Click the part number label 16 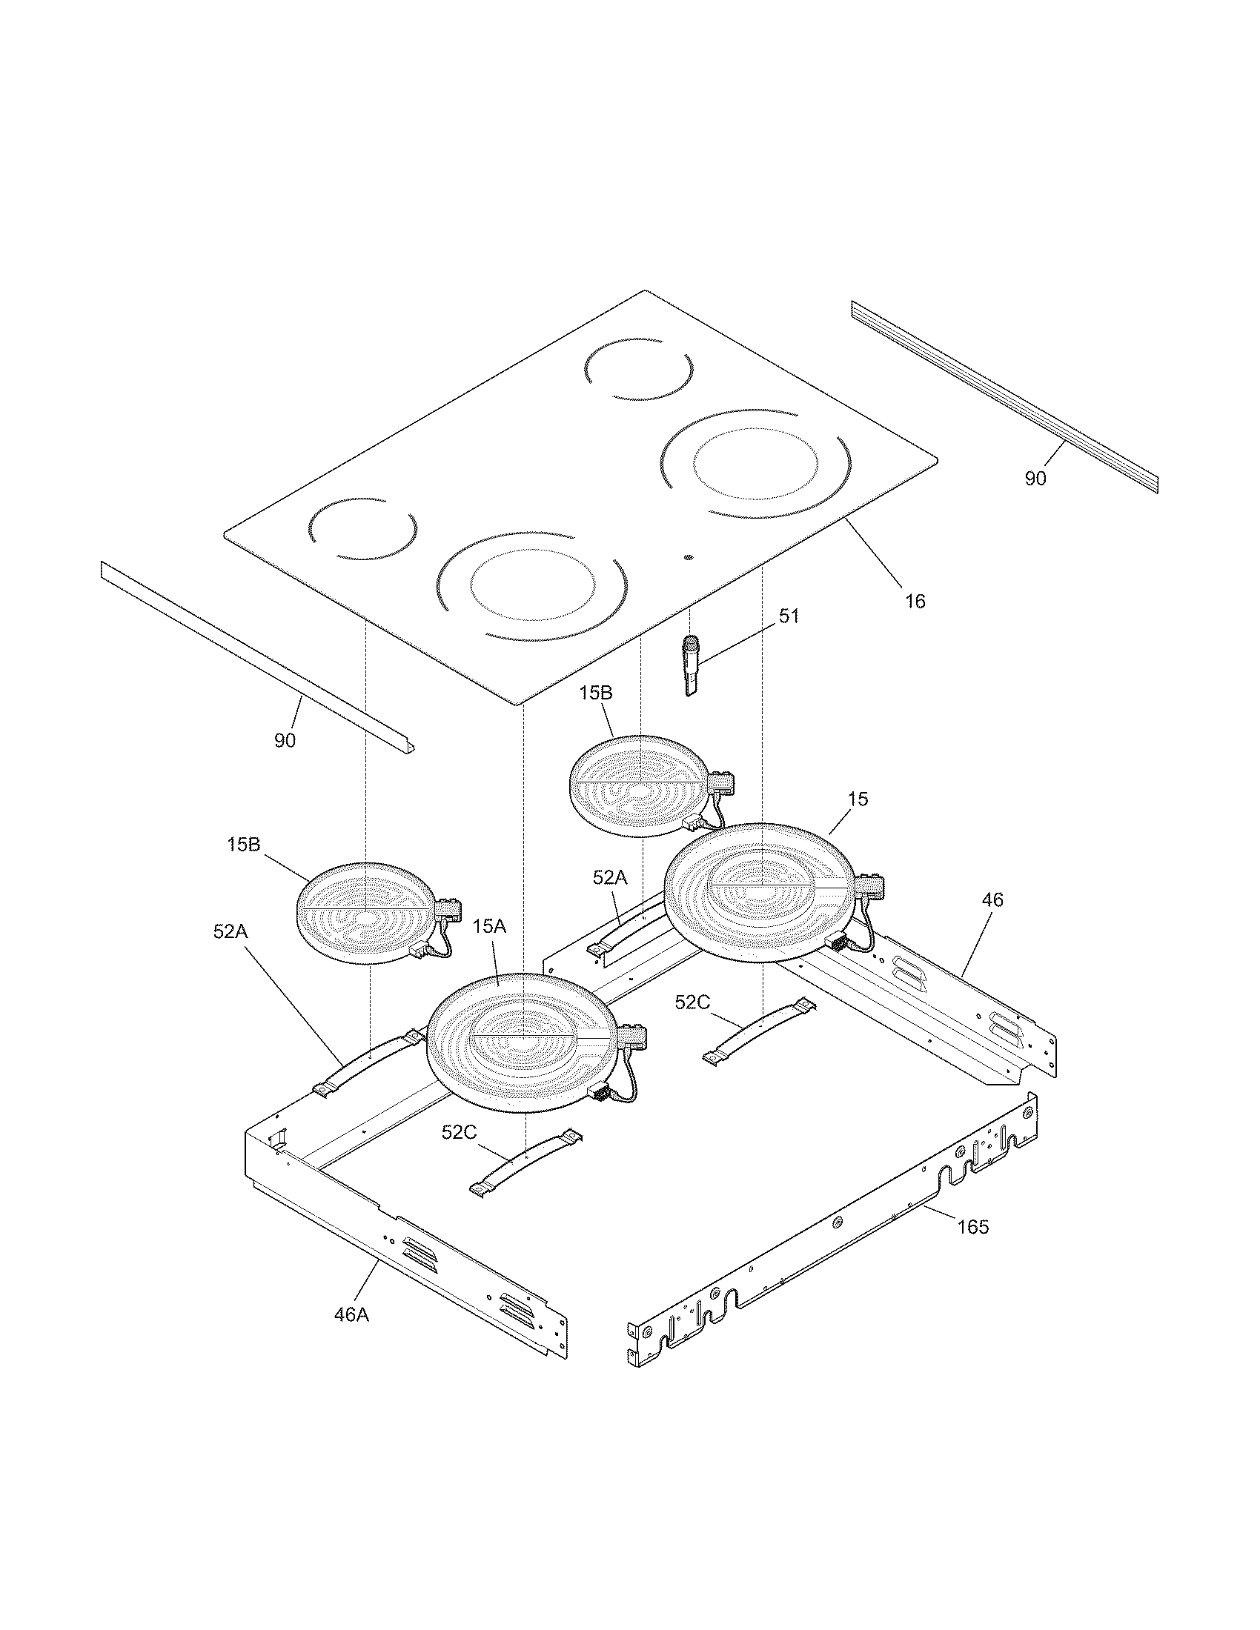click(x=915, y=601)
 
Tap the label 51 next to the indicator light click(x=789, y=616)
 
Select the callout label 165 click(x=972, y=1226)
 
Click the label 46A click(x=351, y=1314)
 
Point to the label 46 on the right click(x=992, y=899)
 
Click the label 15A click(x=490, y=926)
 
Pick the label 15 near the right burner click(x=858, y=799)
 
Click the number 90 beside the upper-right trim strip click(x=1035, y=479)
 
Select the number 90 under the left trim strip click(x=285, y=740)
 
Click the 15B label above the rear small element click(x=596, y=693)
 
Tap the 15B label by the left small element click(x=244, y=844)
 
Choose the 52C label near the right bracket click(x=692, y=1002)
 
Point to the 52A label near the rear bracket click(x=610, y=879)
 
